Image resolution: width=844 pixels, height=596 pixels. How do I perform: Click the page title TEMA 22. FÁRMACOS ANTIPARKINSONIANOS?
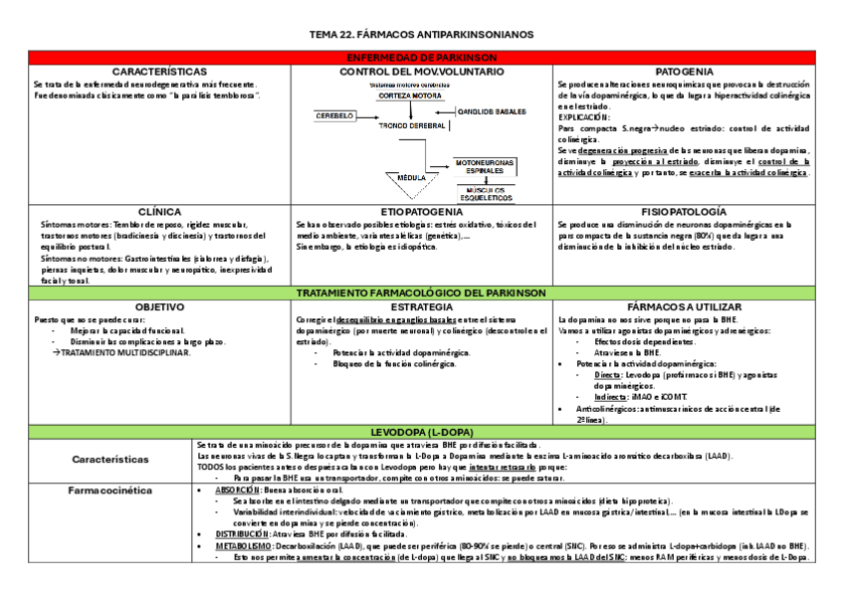pos(422,35)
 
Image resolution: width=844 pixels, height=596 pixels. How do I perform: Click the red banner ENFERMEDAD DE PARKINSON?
pos(422,59)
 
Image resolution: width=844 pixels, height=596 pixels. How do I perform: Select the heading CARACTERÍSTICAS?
pos(159,72)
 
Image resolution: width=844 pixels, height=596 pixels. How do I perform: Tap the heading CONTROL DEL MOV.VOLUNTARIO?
pos(422,72)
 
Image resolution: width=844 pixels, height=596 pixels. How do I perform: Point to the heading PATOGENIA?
pos(684,72)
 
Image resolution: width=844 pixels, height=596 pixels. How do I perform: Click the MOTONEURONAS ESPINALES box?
pos(485,166)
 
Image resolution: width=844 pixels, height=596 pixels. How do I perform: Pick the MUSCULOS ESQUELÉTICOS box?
pos(485,191)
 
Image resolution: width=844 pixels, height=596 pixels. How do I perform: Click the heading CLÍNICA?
pos(159,212)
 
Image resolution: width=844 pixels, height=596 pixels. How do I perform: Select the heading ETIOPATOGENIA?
pos(422,212)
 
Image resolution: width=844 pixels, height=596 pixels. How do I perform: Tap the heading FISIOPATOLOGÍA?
pos(684,212)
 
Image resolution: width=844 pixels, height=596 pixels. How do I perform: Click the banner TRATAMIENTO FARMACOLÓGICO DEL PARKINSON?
pos(422,294)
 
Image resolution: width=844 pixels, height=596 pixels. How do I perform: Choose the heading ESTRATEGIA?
pos(422,307)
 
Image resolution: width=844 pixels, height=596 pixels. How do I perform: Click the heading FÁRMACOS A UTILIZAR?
pos(684,307)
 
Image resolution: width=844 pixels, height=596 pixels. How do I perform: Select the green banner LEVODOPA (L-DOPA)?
pos(422,431)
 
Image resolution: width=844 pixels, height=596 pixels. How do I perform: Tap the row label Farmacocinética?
pos(109,491)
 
